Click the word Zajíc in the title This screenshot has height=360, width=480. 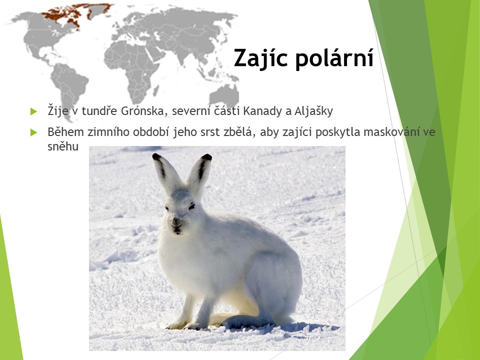point(260,58)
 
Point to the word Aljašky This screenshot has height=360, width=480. point(313,111)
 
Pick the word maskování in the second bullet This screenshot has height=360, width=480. point(391,132)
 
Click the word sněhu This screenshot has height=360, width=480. point(63,146)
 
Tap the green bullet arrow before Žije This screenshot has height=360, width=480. point(33,111)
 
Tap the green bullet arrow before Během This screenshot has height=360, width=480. point(33,132)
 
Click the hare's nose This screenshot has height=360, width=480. point(176,221)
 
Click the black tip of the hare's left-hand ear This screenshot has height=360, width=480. point(156,156)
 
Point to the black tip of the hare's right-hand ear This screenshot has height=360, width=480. point(207,157)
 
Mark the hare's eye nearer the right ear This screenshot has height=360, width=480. point(191,207)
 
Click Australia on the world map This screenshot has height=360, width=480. point(224,96)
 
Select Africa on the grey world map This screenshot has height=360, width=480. point(131,69)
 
